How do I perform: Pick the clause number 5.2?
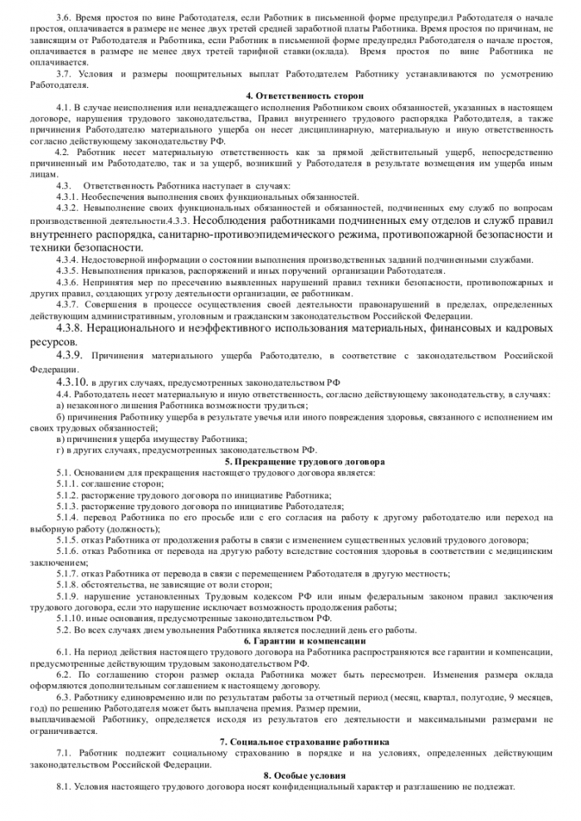pyautogui.click(x=64, y=629)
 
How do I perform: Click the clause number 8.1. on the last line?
pyautogui.click(x=64, y=785)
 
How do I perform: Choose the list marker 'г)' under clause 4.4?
pyautogui.click(x=60, y=449)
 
